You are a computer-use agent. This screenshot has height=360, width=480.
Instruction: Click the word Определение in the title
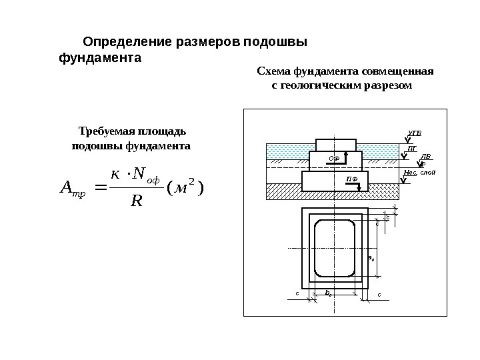pos(127,43)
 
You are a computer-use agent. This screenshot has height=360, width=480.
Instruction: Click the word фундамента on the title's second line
pos(101,58)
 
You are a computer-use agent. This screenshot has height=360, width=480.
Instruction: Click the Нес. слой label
pos(420,173)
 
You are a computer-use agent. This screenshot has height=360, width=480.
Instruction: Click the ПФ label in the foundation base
pos(351,180)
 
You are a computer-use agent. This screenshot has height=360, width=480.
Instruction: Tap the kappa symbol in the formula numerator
pos(115,175)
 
